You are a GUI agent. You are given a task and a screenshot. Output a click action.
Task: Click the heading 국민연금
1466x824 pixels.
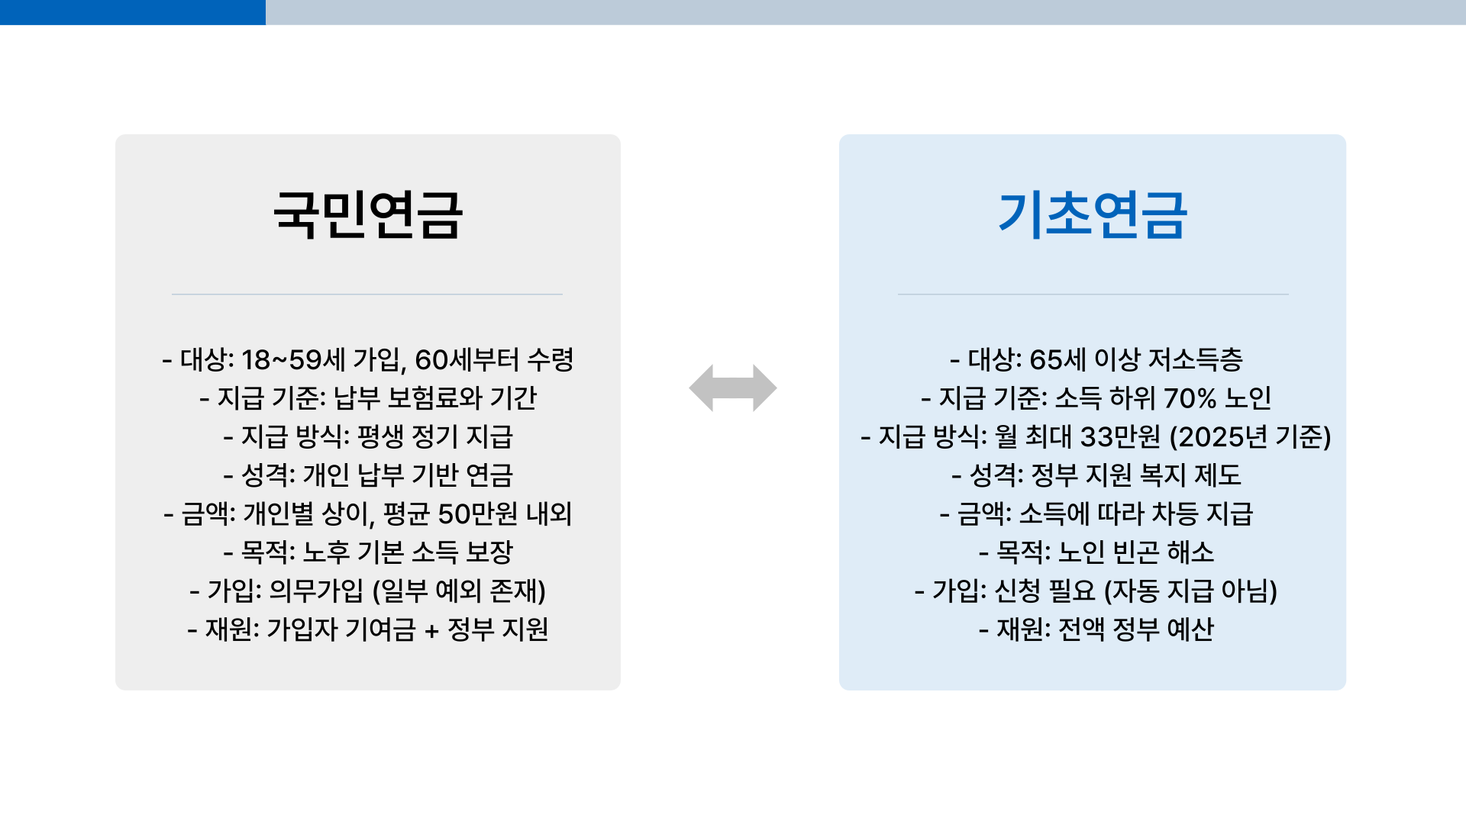(x=367, y=214)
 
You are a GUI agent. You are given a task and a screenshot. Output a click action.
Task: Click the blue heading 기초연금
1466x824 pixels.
(x=1092, y=214)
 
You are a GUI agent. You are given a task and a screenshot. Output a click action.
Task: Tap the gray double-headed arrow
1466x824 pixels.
(x=733, y=388)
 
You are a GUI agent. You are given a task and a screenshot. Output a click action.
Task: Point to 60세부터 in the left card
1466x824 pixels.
(x=467, y=359)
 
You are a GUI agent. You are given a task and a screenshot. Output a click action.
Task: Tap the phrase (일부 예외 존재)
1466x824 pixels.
(x=459, y=591)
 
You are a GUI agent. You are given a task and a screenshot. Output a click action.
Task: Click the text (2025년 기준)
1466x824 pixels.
(x=1250, y=437)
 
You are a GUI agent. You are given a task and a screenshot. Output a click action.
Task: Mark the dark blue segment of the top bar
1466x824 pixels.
(x=132, y=12)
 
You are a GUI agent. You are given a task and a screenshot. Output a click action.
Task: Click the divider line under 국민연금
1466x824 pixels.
(x=367, y=294)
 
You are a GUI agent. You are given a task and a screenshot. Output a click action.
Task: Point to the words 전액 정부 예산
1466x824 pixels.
(x=1136, y=629)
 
